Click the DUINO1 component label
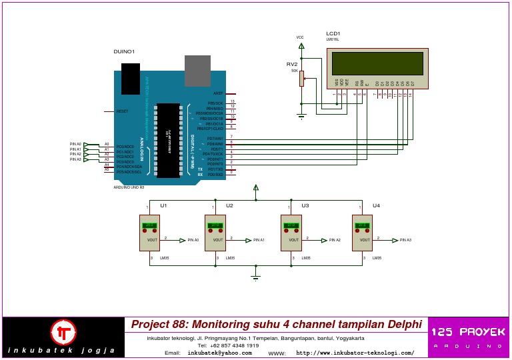pyautogui.click(x=124, y=51)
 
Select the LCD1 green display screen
pyautogui.click(x=377, y=63)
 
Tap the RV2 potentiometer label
pyautogui.click(x=291, y=64)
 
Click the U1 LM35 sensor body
pyautogui.click(x=149, y=233)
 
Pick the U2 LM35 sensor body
pyautogui.click(x=215, y=233)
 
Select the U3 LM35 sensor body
pyautogui.click(x=291, y=233)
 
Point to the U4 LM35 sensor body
pyautogui.click(x=362, y=233)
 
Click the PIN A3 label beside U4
pyautogui.click(x=405, y=240)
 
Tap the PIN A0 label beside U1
pyautogui.click(x=193, y=240)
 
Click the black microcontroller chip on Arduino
pyautogui.click(x=168, y=141)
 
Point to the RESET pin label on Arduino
pyautogui.click(x=122, y=111)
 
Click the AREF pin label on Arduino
pyautogui.click(x=218, y=93)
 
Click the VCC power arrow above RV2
pyautogui.click(x=301, y=46)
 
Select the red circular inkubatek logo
pyautogui.click(x=64, y=332)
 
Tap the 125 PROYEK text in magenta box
pyautogui.click(x=468, y=332)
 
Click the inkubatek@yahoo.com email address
pyautogui.click(x=219, y=353)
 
